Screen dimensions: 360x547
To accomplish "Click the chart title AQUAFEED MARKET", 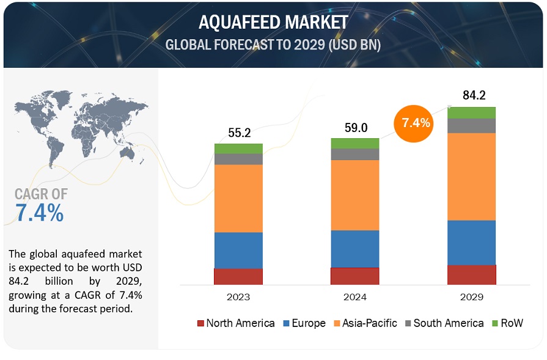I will [x=273, y=23].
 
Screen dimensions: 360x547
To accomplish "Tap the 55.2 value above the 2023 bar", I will [x=238, y=132].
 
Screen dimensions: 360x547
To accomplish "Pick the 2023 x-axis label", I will [x=238, y=297].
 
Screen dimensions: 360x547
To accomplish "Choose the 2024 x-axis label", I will [x=354, y=297].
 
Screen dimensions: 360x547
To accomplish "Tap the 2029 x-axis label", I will [x=471, y=297].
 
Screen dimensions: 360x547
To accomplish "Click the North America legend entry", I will [x=235, y=323].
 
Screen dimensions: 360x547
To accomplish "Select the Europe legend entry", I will [x=302, y=323].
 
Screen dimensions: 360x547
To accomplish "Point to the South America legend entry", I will [x=442, y=323].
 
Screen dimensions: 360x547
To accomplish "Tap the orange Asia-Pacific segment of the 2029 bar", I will [x=471, y=176].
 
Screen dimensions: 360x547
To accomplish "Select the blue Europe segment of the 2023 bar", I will [x=238, y=250].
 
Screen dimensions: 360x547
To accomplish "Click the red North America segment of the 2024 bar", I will [x=354, y=276].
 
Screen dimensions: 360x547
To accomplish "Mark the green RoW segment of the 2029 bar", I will [x=471, y=112].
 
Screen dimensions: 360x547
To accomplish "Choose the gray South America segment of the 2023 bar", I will [x=238, y=159].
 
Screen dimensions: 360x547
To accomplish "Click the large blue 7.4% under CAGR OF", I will [x=39, y=213].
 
